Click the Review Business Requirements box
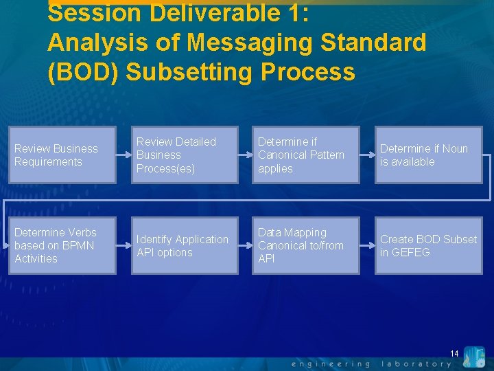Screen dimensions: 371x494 [x=62, y=155]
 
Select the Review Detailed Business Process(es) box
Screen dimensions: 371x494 [x=185, y=155]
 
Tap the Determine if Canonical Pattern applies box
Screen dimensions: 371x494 [x=306, y=155]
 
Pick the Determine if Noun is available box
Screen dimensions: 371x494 [x=428, y=155]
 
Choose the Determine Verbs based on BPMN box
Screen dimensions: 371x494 [x=62, y=246]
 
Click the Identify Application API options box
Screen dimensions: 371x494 [x=185, y=246]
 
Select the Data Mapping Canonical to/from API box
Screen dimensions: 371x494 [x=306, y=246]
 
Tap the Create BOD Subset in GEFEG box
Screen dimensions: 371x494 [x=428, y=246]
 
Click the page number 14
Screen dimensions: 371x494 [x=454, y=353]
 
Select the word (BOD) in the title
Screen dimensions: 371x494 [x=78, y=71]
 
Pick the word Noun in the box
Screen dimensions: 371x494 [x=455, y=148]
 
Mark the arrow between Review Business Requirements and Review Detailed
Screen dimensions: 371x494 [x=123, y=155]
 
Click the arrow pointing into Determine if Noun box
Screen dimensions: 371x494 [x=367, y=155]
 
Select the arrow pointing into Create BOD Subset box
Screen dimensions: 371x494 [x=367, y=246]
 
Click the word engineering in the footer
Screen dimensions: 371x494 [x=331, y=363]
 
